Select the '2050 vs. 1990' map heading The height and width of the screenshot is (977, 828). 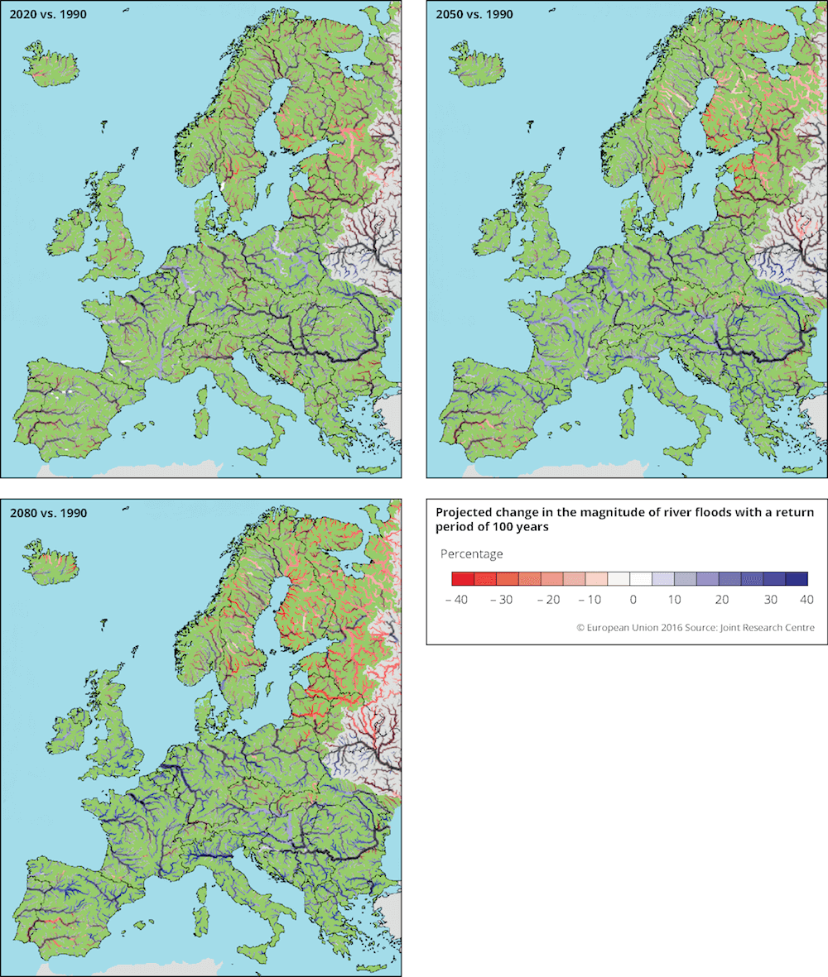470,14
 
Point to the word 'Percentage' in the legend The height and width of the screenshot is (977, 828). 471,553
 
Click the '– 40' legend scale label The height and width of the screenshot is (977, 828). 457,599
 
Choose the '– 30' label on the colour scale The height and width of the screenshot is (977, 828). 502,599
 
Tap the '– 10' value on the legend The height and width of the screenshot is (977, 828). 591,599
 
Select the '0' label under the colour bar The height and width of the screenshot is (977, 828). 633,599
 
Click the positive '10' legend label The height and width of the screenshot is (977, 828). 674,599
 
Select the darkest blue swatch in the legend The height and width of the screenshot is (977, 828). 796,579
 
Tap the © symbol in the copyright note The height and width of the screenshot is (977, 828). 581,628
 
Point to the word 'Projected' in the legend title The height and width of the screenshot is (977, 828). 461,513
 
